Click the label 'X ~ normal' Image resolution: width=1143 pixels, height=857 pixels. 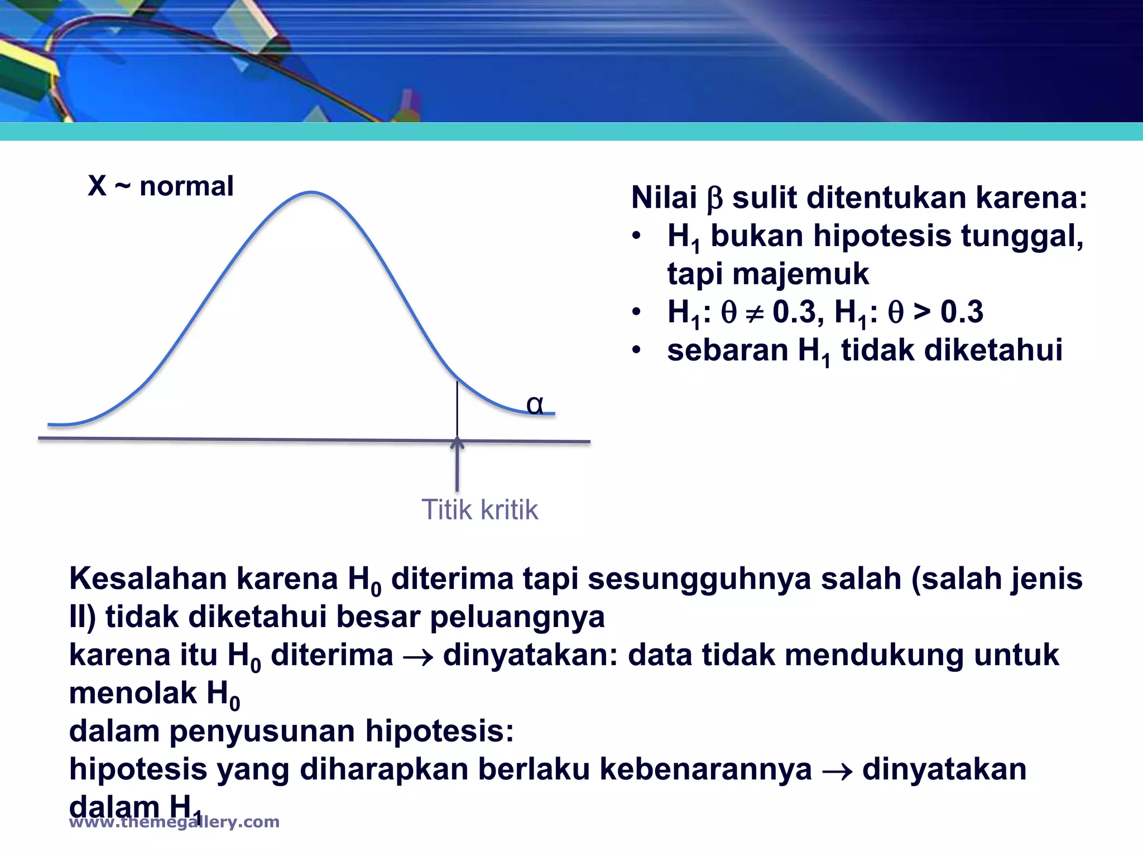160,186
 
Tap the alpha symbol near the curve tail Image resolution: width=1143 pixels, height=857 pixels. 535,405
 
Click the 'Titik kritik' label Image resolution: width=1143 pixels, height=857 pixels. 479,509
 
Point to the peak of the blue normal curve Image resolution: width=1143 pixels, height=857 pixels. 311,193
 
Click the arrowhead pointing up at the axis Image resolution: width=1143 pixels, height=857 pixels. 457,443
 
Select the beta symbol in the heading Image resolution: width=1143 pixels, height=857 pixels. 714,199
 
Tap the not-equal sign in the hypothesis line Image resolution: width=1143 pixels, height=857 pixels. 754,314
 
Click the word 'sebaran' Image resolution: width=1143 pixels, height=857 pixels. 728,350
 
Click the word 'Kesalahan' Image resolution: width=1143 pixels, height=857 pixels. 148,579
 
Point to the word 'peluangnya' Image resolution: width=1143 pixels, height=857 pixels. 517,617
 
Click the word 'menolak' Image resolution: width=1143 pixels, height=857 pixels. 133,693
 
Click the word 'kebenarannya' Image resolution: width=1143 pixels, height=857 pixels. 705,769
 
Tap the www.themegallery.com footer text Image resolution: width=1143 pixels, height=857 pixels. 174,822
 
